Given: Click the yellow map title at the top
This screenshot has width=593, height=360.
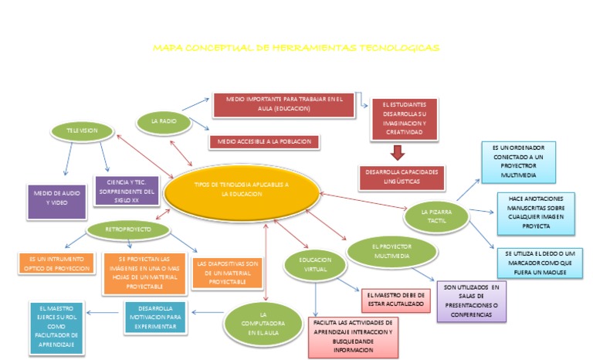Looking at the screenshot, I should point(296,48).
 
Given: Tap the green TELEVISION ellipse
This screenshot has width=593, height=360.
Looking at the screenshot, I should point(82,131).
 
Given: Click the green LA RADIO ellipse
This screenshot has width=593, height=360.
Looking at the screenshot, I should point(164,121).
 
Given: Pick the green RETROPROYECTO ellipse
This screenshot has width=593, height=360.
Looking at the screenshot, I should point(128,229).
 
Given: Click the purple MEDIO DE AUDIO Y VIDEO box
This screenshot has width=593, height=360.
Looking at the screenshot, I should point(55,196).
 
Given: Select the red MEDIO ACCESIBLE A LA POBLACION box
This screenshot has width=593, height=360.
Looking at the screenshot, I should point(264,142).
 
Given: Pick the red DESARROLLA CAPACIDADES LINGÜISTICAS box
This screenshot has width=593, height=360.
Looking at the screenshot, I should point(402,176).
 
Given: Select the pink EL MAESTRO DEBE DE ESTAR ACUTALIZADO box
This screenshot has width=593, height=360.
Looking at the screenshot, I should point(395,301).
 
